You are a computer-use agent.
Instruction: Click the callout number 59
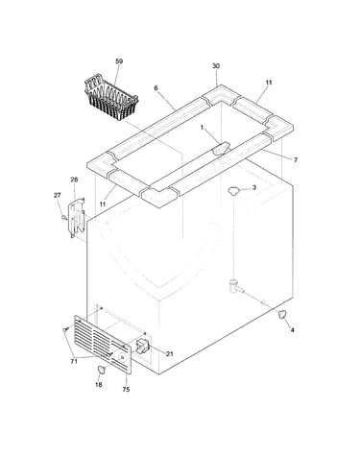coord(119,61)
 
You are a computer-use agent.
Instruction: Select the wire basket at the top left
coord(111,100)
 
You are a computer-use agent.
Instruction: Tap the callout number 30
coord(216,66)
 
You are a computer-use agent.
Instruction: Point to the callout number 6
coord(156,88)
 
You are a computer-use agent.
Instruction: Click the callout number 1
coord(202,128)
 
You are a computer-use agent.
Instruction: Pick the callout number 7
coord(296,159)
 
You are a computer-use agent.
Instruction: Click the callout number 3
coord(254,187)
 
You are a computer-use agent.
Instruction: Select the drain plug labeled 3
coord(234,190)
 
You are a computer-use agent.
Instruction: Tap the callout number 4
coord(292,330)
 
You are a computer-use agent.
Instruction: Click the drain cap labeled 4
coord(281,314)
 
